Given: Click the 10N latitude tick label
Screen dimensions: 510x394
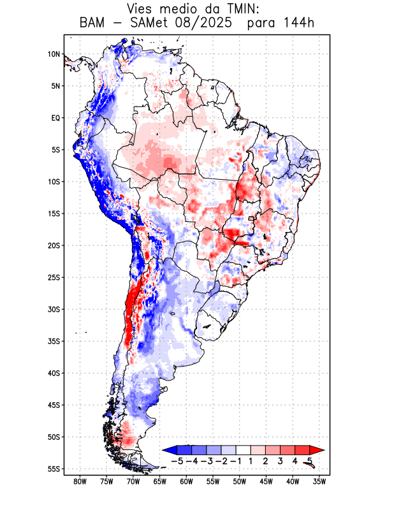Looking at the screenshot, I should pos(54,54).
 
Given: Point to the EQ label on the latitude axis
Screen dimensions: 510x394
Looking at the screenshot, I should pos(55,118).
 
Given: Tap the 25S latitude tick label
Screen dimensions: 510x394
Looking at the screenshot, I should pos(54,277).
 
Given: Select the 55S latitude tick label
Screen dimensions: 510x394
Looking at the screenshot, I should pos(54,469).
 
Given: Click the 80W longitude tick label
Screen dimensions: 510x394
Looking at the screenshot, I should pos(80,481).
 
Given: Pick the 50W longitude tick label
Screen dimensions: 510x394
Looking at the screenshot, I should pos(239,481).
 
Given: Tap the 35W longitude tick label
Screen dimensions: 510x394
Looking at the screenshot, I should pos(319,481).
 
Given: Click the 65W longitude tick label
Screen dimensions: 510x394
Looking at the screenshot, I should pos(159,481).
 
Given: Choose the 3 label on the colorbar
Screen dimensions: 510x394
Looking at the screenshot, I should pos(280,460).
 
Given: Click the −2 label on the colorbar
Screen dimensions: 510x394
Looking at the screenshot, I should pos(222,460).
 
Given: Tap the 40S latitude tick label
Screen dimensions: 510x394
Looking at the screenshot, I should pos(54,373).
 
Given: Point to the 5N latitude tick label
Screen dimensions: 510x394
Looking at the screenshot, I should pos(55,86).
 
